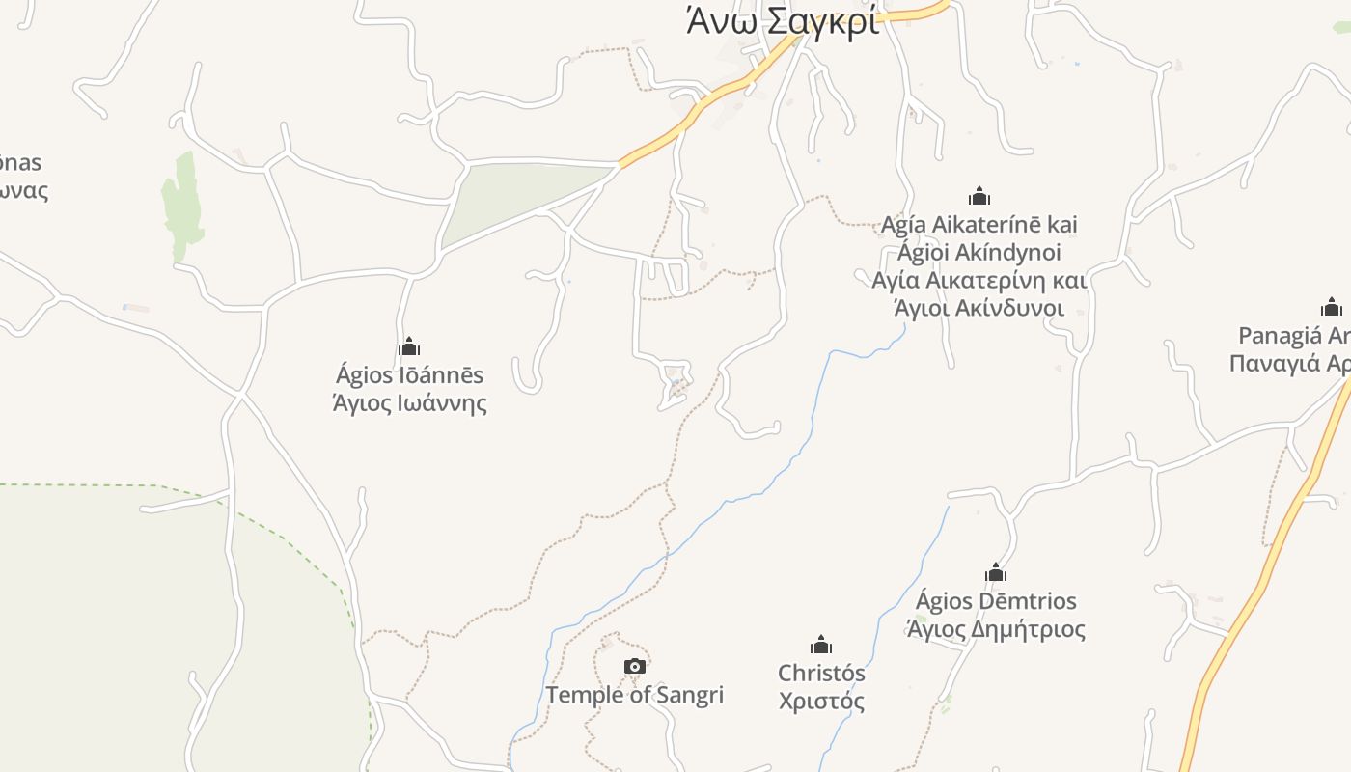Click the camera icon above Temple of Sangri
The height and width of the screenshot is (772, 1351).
[634, 666]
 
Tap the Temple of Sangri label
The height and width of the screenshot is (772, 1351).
[634, 695]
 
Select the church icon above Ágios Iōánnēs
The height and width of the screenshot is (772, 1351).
[409, 346]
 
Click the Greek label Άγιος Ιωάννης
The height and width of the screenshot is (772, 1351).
[409, 403]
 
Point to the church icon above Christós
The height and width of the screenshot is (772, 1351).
[821, 645]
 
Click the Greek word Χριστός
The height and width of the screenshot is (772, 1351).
[821, 702]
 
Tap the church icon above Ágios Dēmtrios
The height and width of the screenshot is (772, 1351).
[996, 572]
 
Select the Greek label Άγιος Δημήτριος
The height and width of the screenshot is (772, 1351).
[996, 630]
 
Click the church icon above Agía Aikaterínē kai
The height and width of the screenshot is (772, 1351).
[979, 196]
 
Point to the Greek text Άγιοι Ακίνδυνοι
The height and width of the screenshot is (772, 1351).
[979, 309]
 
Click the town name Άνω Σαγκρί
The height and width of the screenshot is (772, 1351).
[783, 21]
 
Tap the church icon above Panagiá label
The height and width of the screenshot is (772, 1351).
[1332, 308]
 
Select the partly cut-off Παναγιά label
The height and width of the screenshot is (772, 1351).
[1289, 364]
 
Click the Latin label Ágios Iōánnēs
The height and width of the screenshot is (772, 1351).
[409, 375]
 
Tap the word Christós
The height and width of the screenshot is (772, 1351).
[821, 673]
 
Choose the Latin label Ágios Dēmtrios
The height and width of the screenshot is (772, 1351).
[996, 601]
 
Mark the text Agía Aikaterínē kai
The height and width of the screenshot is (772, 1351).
[979, 225]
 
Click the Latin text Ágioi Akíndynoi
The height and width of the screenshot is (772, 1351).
[979, 253]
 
